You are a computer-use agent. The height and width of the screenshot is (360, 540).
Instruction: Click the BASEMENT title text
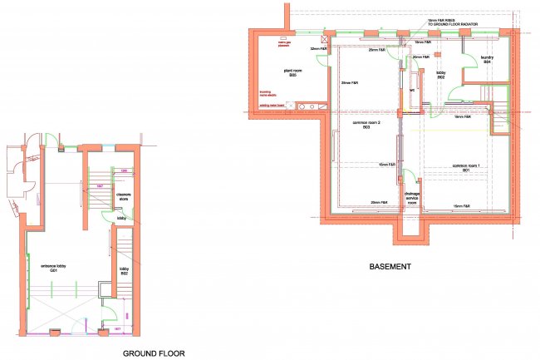coord(390,268)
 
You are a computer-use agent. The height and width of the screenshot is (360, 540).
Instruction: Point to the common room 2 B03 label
coord(366,126)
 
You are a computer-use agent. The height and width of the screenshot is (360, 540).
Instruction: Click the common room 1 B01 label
coord(467,169)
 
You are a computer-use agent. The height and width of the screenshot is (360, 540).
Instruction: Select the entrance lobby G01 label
coord(53,269)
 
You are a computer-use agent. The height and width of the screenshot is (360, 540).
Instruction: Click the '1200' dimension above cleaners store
coord(123,171)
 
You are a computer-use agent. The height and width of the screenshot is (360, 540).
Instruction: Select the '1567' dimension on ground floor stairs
coord(98,185)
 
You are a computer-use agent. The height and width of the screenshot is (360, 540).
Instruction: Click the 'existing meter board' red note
coord(273,106)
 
